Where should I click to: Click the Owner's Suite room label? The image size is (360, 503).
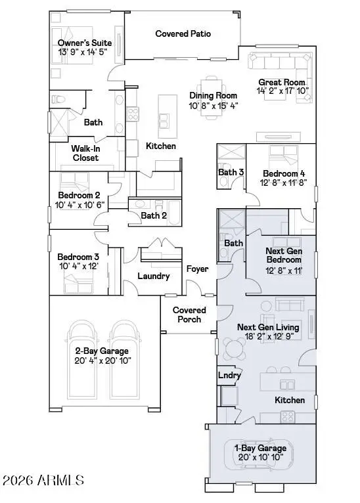[84, 43]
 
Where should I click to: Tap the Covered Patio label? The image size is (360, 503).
[183, 33]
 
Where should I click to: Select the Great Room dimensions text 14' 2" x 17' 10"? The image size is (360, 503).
[282, 91]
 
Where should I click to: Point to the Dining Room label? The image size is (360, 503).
[212, 96]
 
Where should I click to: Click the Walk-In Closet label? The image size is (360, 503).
[85, 153]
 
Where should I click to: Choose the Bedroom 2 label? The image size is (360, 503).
[78, 195]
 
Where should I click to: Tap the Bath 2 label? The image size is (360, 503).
[154, 215]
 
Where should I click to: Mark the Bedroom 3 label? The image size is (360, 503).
[78, 257]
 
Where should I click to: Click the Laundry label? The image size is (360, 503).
[154, 276]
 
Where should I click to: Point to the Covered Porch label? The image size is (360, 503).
[189, 315]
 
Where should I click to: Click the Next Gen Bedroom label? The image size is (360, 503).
[284, 255]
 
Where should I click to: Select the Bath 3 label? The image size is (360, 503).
[231, 173]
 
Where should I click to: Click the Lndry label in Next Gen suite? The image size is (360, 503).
[229, 376]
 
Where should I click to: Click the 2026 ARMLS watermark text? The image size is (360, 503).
[43, 481]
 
